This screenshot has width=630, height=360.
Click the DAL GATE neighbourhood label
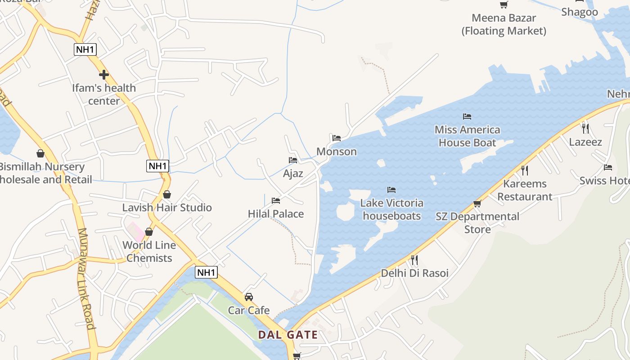[x=288, y=335]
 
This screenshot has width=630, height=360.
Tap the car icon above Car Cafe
[x=249, y=297]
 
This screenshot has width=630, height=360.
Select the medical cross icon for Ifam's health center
[x=104, y=75]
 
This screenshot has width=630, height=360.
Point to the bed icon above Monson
[x=337, y=138]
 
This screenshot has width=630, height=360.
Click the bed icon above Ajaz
[x=293, y=160]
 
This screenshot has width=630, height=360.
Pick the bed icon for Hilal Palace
[x=276, y=200]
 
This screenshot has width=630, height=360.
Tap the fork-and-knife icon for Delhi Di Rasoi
[x=414, y=260]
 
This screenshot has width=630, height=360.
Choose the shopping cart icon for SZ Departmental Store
[x=477, y=204]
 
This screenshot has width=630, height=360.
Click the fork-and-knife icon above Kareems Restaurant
[x=524, y=171]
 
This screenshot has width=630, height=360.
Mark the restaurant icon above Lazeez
[x=585, y=128]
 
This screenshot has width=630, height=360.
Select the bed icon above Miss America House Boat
[x=467, y=117]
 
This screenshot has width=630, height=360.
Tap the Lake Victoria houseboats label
[x=392, y=209]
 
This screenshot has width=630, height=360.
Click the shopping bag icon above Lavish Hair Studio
[x=167, y=194]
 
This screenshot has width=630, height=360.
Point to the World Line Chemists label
[x=149, y=252]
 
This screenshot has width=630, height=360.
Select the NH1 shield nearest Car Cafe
[x=207, y=272]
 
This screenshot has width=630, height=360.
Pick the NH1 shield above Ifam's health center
[x=85, y=49]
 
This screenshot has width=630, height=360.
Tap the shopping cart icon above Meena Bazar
[x=504, y=5]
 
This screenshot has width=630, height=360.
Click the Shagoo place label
[x=580, y=12]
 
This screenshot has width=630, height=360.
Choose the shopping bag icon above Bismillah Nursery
[x=40, y=154]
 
